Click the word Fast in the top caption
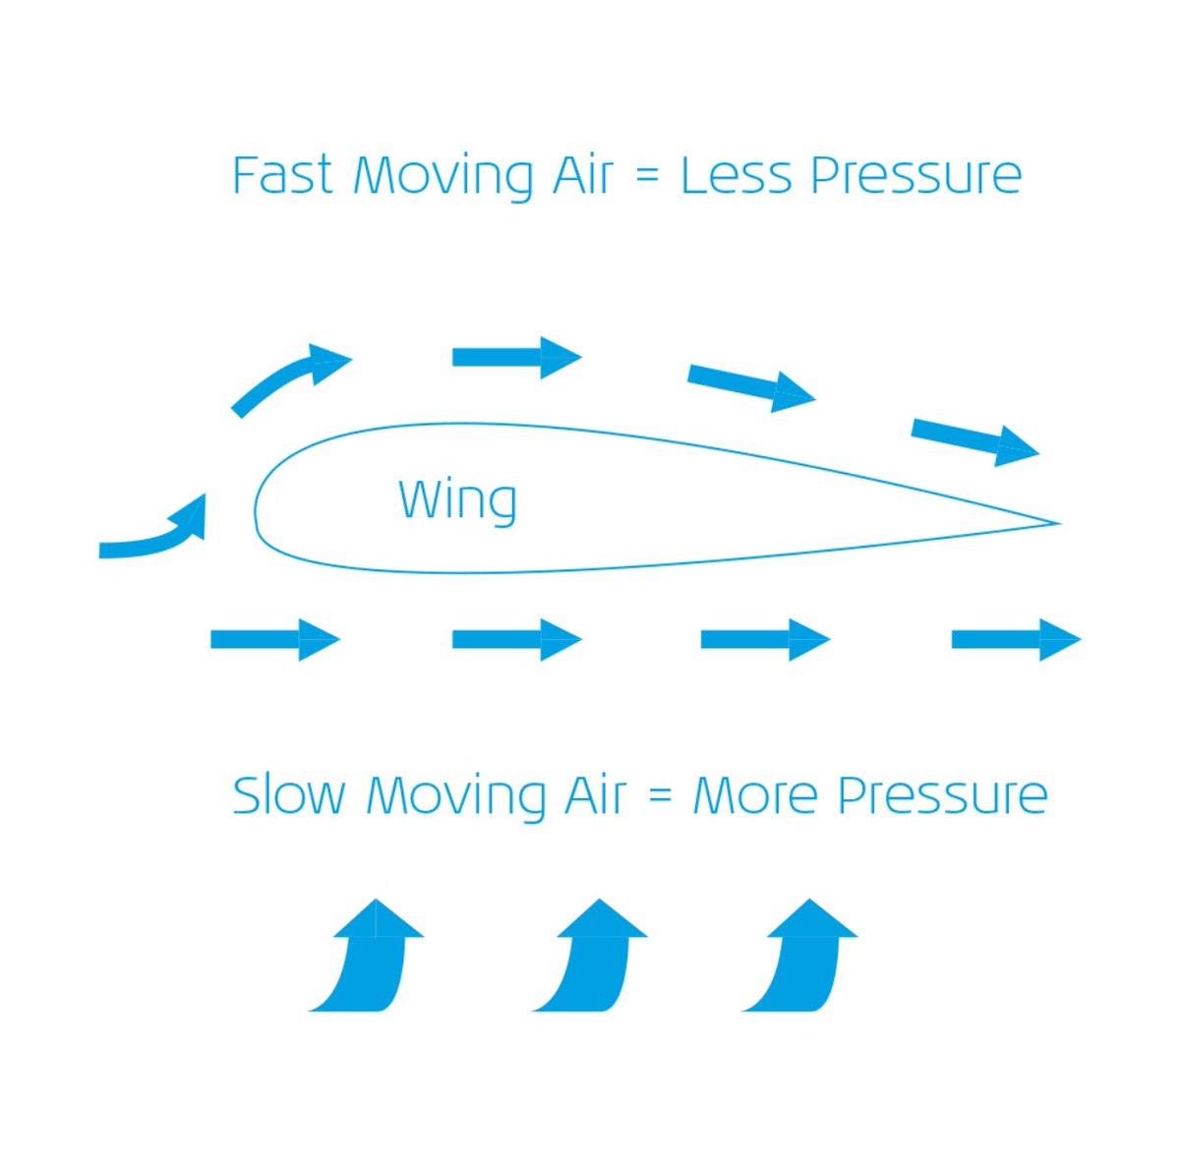click(281, 176)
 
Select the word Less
click(736, 176)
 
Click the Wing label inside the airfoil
click(457, 500)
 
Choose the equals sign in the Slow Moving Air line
click(660, 797)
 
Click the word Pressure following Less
click(915, 176)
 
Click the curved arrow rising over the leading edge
click(291, 378)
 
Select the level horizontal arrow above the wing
click(516, 357)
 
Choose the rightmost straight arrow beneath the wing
click(1016, 640)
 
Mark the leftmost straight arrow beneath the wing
click(275, 640)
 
